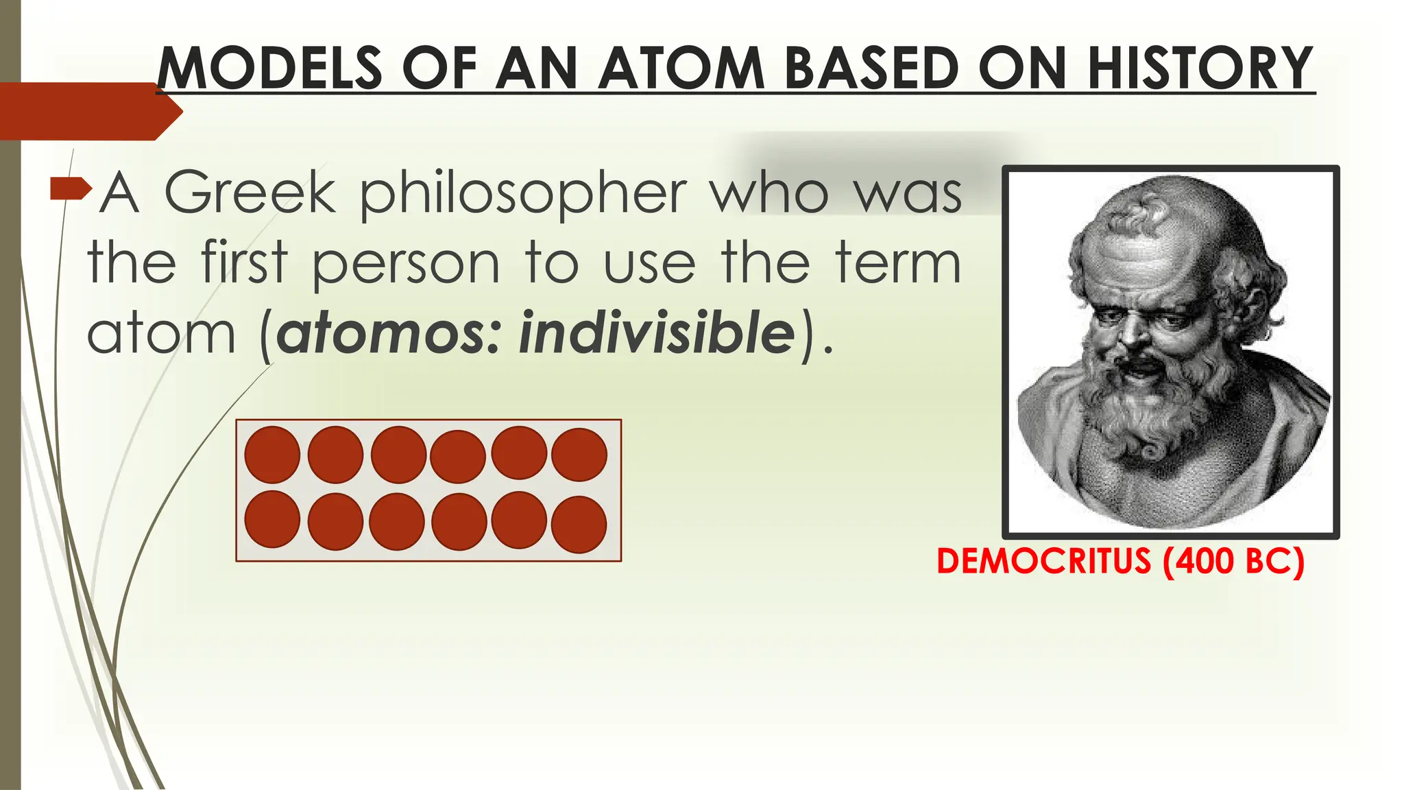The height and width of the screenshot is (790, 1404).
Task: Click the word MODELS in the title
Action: pos(269,68)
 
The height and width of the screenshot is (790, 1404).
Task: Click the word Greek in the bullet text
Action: pos(250,193)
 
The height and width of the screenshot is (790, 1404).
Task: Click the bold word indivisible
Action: pos(657,333)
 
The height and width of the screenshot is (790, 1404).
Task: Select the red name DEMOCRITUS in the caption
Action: pos(1043,561)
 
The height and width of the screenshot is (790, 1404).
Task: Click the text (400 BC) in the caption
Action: pos(1234,561)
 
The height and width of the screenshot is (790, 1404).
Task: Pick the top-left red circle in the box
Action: pos(272,455)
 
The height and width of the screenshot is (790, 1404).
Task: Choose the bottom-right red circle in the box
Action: pos(579,524)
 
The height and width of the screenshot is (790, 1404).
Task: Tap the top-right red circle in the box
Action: pos(579,455)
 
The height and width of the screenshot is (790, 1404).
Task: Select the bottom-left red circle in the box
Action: pos(272,519)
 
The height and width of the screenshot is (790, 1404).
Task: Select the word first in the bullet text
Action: pos(244,264)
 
